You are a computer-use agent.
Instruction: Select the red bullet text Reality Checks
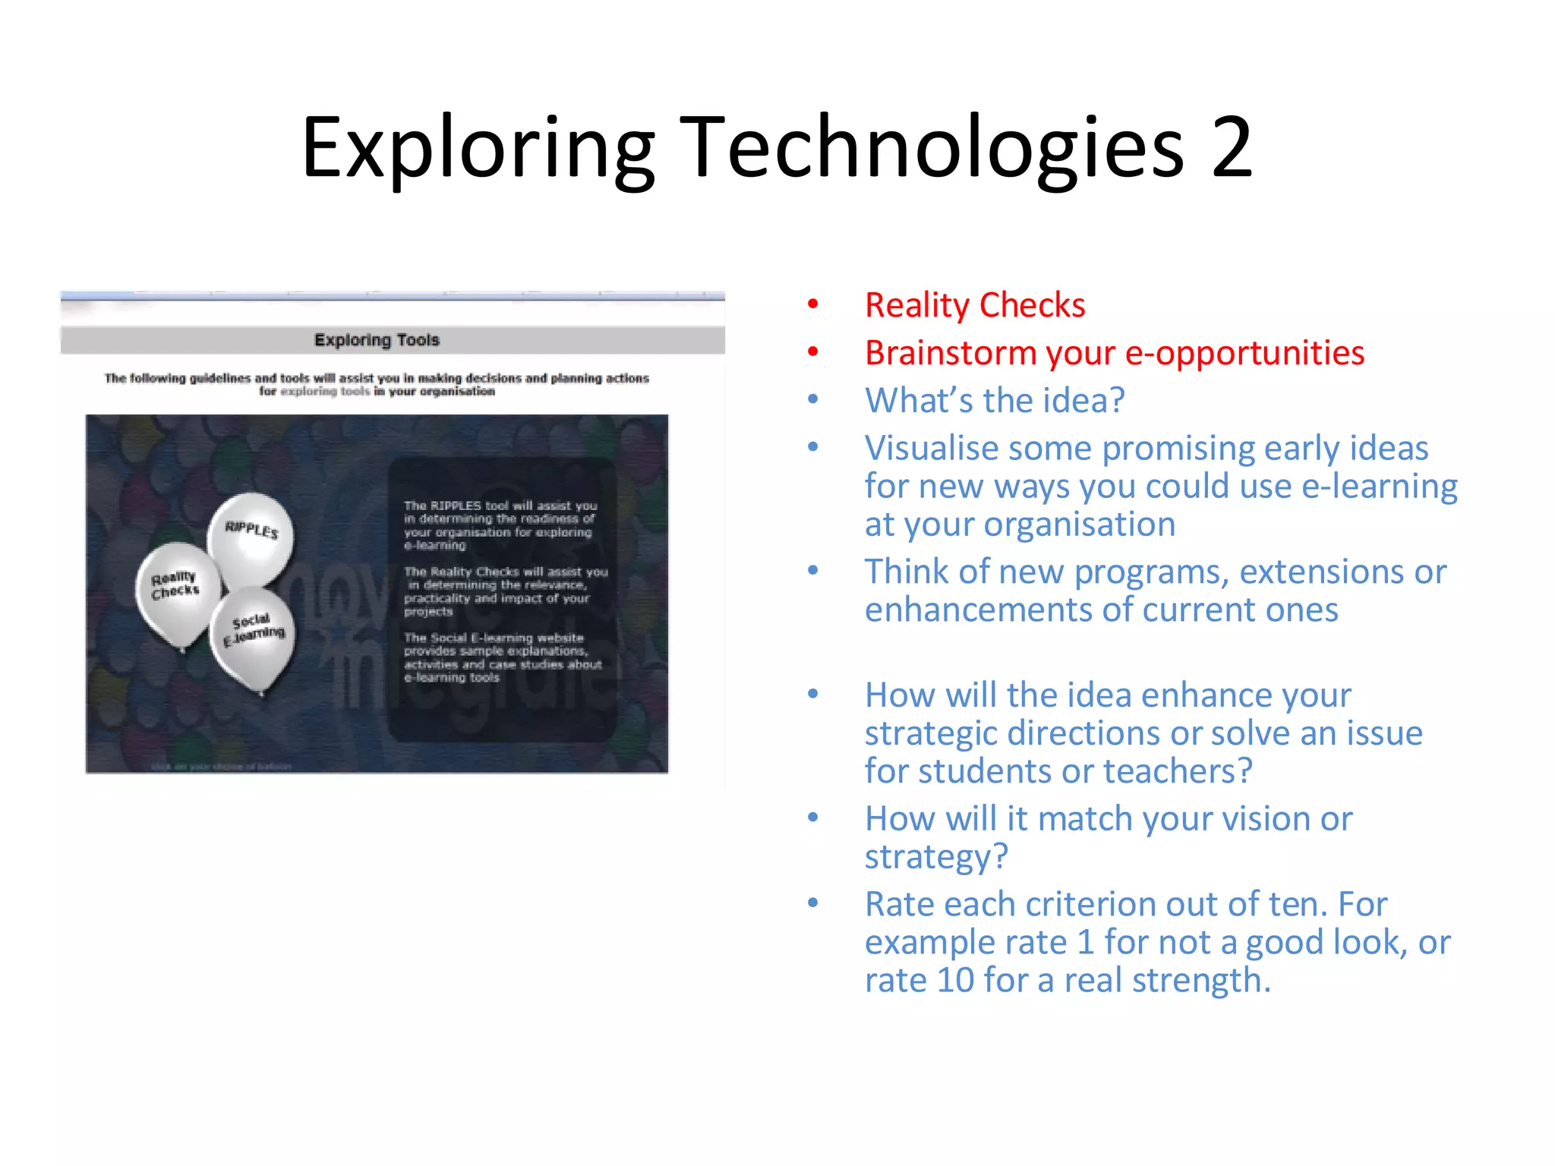(975, 305)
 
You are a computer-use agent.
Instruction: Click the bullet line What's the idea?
(994, 401)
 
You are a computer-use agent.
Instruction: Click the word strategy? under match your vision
(935, 857)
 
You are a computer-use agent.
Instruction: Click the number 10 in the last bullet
(954, 980)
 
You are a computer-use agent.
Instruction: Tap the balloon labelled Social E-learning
(254, 636)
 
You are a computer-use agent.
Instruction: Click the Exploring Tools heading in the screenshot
(377, 340)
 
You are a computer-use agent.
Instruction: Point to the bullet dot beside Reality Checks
(813, 305)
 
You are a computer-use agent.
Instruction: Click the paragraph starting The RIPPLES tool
(499, 525)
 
